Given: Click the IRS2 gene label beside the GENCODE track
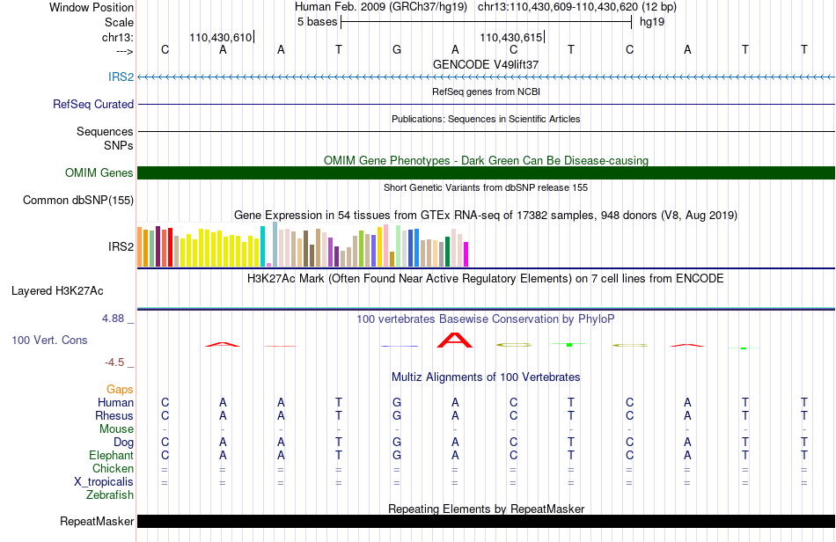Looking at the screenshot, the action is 121,77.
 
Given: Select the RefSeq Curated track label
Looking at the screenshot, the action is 93,104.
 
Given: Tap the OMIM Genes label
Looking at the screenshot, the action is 99,172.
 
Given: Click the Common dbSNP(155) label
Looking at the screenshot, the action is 78,201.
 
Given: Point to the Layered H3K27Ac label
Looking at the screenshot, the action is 57,291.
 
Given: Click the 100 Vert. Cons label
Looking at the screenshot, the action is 49,340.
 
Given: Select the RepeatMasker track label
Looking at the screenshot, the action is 97,521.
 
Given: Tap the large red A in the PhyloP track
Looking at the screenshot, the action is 455,340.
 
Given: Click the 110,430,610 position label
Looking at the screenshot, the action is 220,37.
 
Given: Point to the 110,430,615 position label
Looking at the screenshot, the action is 510,37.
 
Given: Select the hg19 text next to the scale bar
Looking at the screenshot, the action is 652,22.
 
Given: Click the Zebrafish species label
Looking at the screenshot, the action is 110,495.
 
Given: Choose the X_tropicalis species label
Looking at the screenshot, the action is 104,482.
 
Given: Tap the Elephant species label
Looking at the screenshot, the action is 112,455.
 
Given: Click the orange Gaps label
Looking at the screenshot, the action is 120,389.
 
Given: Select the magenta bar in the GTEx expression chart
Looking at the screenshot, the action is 466,254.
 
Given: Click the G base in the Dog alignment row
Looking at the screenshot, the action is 397,443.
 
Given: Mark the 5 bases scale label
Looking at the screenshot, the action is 317,22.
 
